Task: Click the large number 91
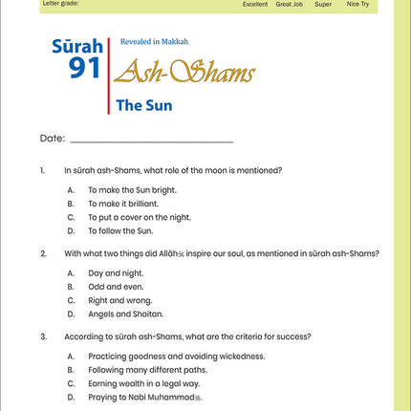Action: point(84,67)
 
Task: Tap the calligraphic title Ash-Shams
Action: point(185,73)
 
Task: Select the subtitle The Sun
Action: point(143,106)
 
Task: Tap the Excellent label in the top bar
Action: point(255,5)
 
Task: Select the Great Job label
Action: point(290,5)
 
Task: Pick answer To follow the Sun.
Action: point(119,230)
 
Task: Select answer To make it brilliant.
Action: point(123,204)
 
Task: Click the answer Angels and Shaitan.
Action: point(125,314)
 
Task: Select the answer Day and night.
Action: point(116,272)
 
